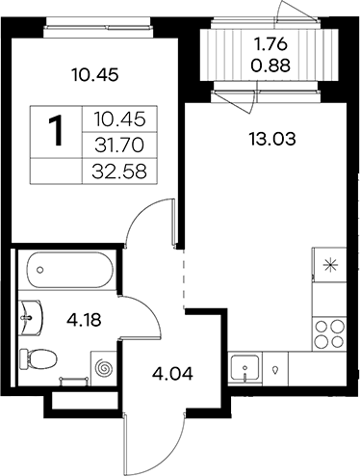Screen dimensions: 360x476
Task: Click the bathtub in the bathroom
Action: [x=70, y=270]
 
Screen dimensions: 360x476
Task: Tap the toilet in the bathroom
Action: [x=39, y=358]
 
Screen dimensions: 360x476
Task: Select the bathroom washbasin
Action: [x=31, y=318]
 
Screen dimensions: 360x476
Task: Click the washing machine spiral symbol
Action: [x=105, y=368]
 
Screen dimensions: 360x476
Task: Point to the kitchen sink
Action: [x=244, y=368]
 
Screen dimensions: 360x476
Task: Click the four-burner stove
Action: [x=329, y=334]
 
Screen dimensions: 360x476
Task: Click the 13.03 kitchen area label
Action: [x=272, y=140]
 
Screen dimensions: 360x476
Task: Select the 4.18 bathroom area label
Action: [x=84, y=320]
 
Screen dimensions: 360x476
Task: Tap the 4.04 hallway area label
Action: [x=173, y=374]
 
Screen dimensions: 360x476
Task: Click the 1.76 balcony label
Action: [x=270, y=45]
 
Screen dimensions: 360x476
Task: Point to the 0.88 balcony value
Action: [x=270, y=66]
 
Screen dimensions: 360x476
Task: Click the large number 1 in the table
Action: [x=57, y=131]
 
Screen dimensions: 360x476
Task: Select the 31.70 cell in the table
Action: [x=119, y=145]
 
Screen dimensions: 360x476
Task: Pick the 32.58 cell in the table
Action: [x=119, y=172]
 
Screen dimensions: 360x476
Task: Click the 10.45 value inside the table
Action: [x=120, y=119]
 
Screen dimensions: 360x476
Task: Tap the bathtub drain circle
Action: [x=39, y=270]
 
